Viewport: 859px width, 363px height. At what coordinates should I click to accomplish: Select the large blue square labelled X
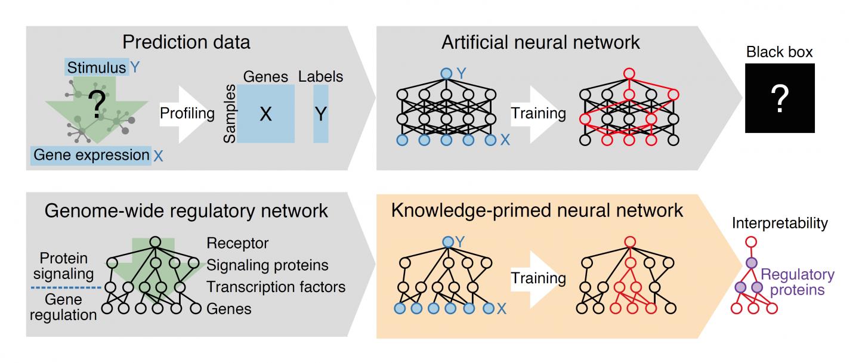coord(265,113)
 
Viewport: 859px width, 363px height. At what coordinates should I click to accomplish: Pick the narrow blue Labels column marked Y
coord(321,113)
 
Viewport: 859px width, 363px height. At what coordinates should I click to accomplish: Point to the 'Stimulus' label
coord(97,68)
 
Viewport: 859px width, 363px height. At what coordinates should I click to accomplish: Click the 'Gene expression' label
coord(92,156)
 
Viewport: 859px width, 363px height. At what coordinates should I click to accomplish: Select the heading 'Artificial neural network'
coord(540,42)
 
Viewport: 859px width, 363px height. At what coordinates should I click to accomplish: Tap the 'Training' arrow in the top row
coord(539,113)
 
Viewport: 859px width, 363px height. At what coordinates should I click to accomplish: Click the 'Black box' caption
coord(780,53)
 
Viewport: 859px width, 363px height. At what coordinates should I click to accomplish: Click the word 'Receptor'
coord(237,243)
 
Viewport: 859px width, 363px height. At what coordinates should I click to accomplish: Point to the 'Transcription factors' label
coord(276,287)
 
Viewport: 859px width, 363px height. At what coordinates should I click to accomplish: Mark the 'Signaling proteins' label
coord(267,265)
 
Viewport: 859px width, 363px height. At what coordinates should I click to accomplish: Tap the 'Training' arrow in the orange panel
coord(539,278)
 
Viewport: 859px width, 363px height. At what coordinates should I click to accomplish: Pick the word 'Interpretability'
coord(780,224)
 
